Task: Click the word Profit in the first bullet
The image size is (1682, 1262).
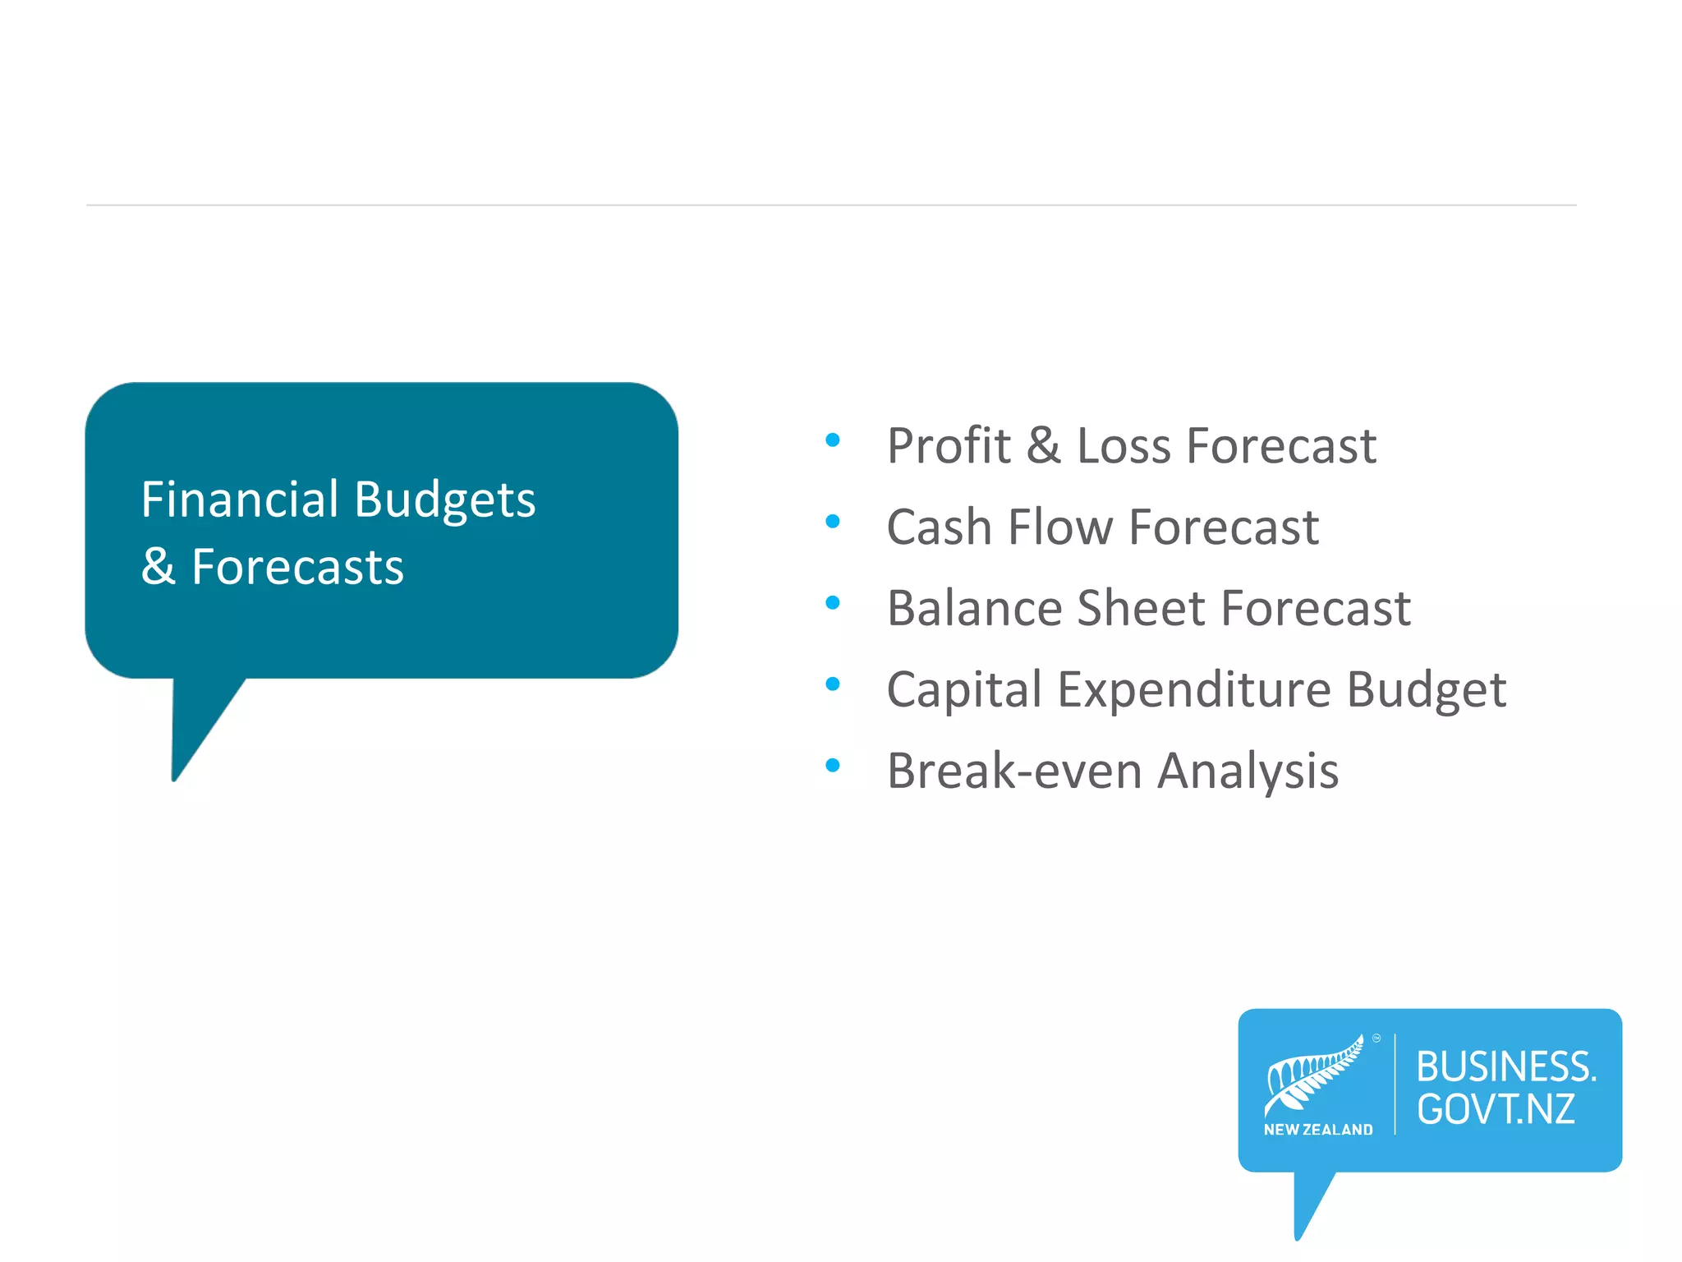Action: click(x=949, y=446)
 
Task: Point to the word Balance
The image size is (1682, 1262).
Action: click(x=974, y=608)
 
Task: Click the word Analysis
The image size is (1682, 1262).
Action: click(x=1248, y=771)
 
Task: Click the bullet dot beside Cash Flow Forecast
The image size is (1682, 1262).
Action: click(x=833, y=521)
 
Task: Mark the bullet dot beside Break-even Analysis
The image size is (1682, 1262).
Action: click(x=833, y=765)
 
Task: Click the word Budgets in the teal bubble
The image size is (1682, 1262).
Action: click(x=445, y=500)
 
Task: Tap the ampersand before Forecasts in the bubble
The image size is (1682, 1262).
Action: click(x=158, y=566)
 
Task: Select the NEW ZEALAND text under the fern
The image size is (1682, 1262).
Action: click(x=1318, y=1130)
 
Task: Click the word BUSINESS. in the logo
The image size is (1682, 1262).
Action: click(x=1505, y=1066)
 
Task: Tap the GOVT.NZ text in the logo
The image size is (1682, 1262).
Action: click(x=1496, y=1109)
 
